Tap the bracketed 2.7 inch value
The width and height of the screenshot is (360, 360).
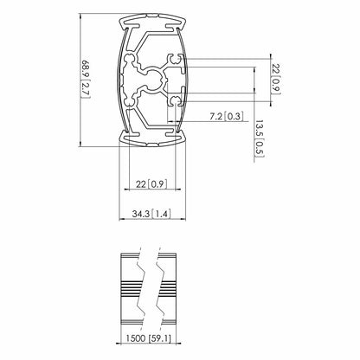click(86, 90)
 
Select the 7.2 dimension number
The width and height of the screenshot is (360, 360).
click(216, 117)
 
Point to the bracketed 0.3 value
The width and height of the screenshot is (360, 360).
click(234, 117)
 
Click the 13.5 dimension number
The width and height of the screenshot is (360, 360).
click(259, 129)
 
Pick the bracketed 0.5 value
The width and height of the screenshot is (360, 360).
click(259, 148)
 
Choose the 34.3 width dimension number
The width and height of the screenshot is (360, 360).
click(141, 214)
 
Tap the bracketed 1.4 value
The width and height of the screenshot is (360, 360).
click(161, 214)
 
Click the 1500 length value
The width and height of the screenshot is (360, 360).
click(136, 337)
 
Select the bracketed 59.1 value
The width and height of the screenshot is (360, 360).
click(160, 337)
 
